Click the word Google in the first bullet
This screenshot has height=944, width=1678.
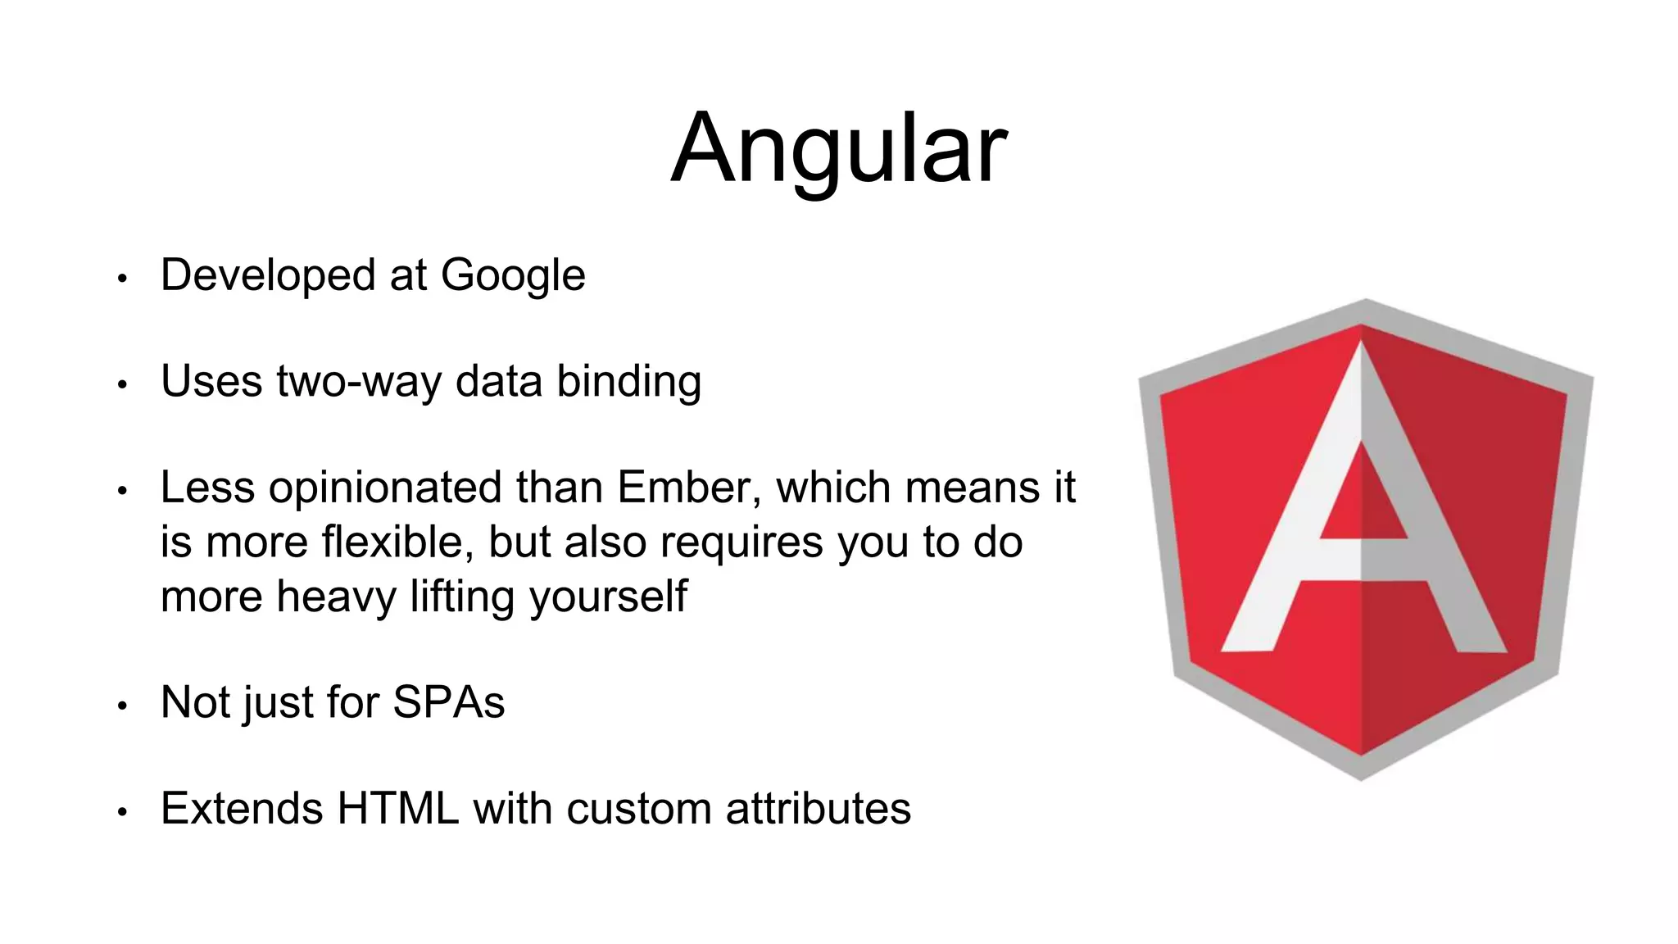click(513, 276)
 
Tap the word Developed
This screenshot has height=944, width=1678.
click(268, 276)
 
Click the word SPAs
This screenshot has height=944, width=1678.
click(448, 703)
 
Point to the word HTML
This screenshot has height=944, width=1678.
click(397, 809)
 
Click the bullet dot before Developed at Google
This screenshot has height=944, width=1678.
click(122, 279)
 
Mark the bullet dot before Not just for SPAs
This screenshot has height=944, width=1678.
click(122, 706)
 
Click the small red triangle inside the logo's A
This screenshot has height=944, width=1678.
click(1362, 500)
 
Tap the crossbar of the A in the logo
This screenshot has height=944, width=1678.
click(1362, 560)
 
